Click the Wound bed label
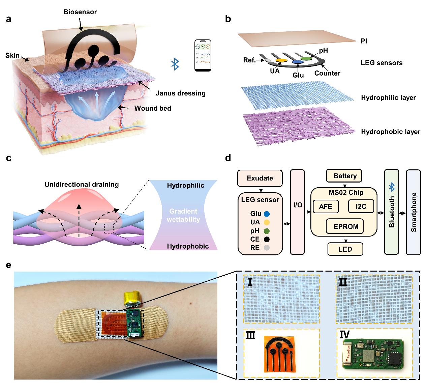[153, 109]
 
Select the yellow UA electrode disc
[282, 60]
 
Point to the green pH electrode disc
[306, 58]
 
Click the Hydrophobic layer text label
[391, 132]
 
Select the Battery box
[345, 176]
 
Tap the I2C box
[361, 206]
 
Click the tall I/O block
[297, 212]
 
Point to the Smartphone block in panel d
[414, 212]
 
